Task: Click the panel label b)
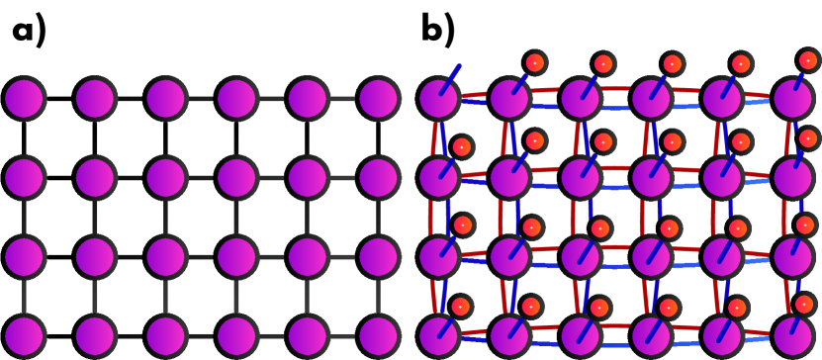point(438,31)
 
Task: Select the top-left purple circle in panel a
point(24,99)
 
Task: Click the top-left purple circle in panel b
point(436,99)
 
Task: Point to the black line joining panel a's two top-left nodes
point(59,99)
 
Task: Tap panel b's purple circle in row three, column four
point(650,254)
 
